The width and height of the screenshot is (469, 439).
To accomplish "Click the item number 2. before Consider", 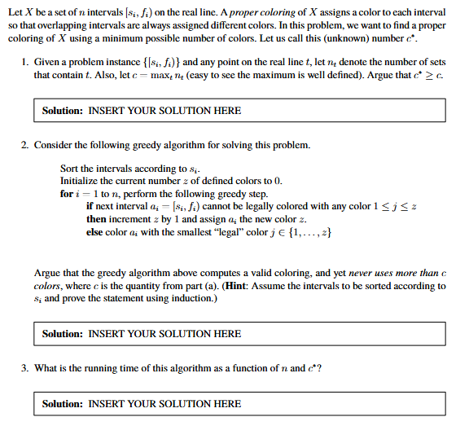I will pos(25,145).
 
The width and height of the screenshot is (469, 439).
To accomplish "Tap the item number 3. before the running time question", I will pos(25,368).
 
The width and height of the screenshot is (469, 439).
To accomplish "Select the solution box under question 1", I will pos(243,110).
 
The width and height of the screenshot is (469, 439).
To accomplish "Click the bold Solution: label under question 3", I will pos(63,403).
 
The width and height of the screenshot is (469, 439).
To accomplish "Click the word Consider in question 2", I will pos(55,145).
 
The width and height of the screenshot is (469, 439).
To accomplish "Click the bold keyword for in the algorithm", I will pos(67,194).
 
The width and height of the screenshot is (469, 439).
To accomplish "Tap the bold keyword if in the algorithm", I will pos(89,207).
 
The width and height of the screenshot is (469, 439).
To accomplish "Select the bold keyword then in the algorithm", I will pos(96,219).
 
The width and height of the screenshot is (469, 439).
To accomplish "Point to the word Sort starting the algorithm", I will pos(70,169).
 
